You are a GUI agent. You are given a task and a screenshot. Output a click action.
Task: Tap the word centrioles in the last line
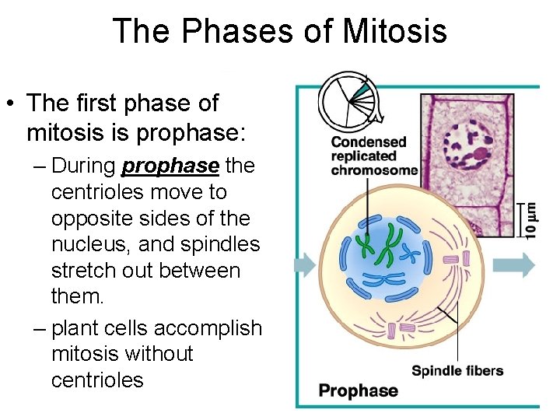tap(97, 380)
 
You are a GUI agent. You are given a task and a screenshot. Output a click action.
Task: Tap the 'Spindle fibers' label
tap(457, 370)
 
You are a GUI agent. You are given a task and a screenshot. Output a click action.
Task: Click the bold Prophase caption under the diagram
tap(358, 390)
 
